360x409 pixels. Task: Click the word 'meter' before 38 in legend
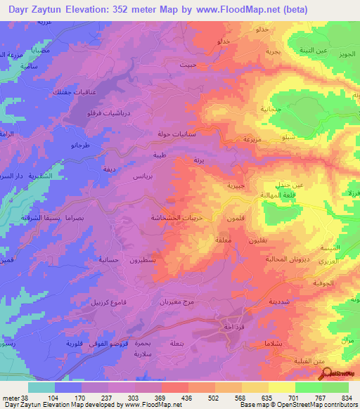[x=11, y=398]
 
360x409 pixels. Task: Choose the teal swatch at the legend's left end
[x=41, y=387]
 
